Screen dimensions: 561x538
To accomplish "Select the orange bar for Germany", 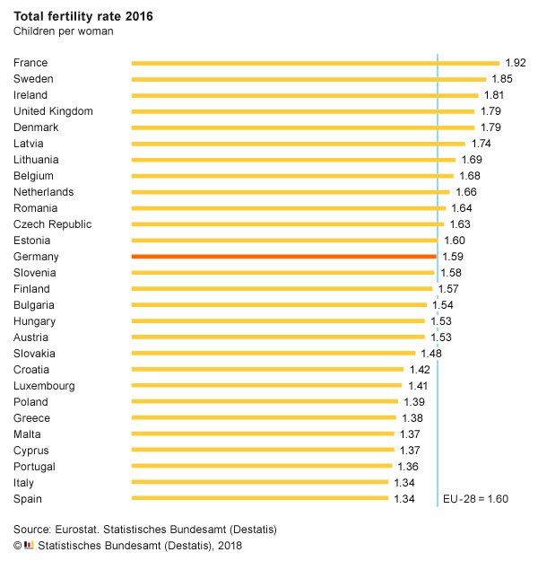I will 283,257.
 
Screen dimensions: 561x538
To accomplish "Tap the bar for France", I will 315,63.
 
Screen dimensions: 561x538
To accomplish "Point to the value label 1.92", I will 515,63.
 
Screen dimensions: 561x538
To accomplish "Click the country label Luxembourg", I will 44,386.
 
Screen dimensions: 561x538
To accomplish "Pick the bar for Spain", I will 260,498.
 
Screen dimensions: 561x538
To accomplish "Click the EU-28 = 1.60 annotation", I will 475,499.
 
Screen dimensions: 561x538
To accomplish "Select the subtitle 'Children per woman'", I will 63,31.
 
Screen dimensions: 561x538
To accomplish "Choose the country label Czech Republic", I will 53,224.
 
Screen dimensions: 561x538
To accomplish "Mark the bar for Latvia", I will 299,144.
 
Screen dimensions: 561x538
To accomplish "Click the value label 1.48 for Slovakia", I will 431,354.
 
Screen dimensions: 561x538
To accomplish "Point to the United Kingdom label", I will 54,111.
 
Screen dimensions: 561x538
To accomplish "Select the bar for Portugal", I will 262,467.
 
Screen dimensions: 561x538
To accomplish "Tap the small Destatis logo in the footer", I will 29,544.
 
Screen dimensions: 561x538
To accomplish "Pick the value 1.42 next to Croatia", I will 420,370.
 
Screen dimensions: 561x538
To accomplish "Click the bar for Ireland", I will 305,95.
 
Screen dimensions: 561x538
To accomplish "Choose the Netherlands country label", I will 44,192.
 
